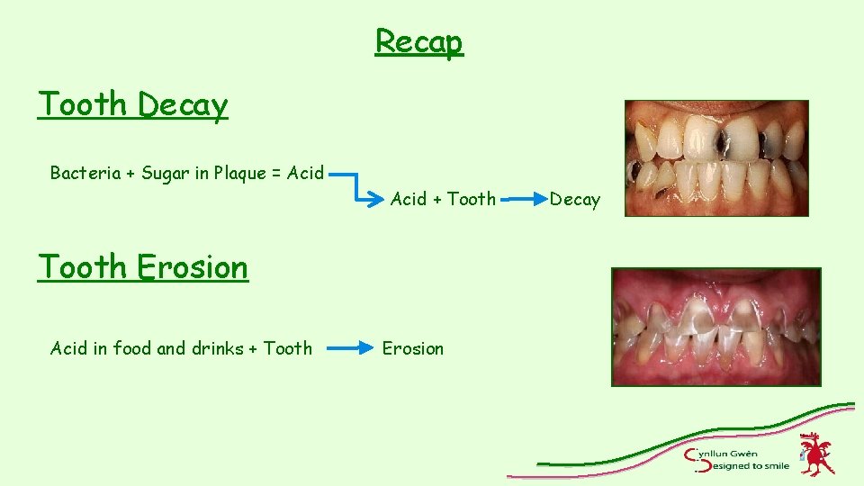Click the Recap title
click(x=418, y=41)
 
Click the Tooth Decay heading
click(x=132, y=104)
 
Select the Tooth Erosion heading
click(x=142, y=267)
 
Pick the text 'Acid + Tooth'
click(x=443, y=199)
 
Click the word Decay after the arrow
click(x=574, y=200)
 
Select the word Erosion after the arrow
click(x=413, y=348)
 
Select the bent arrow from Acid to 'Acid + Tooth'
click(x=355, y=184)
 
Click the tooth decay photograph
click(x=716, y=158)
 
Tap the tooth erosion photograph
click(x=715, y=327)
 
